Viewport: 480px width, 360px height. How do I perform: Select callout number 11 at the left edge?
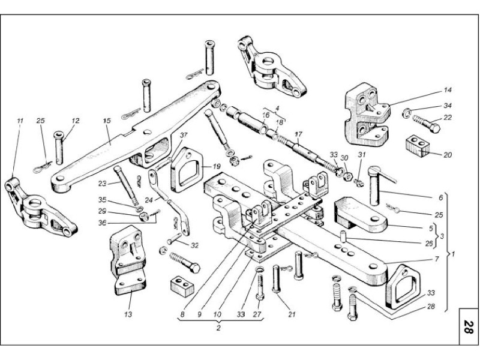coord(20,121)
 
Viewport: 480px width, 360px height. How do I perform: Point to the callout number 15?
coord(107,122)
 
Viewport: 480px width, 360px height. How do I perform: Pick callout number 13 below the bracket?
coord(127,313)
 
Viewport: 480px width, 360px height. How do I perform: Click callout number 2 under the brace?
coord(218,328)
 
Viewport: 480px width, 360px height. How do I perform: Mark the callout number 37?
coord(184,136)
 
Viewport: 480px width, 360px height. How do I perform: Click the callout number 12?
coord(76,122)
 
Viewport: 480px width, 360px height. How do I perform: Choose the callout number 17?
coord(298,134)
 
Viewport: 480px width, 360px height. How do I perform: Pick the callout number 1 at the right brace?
coord(454,254)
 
